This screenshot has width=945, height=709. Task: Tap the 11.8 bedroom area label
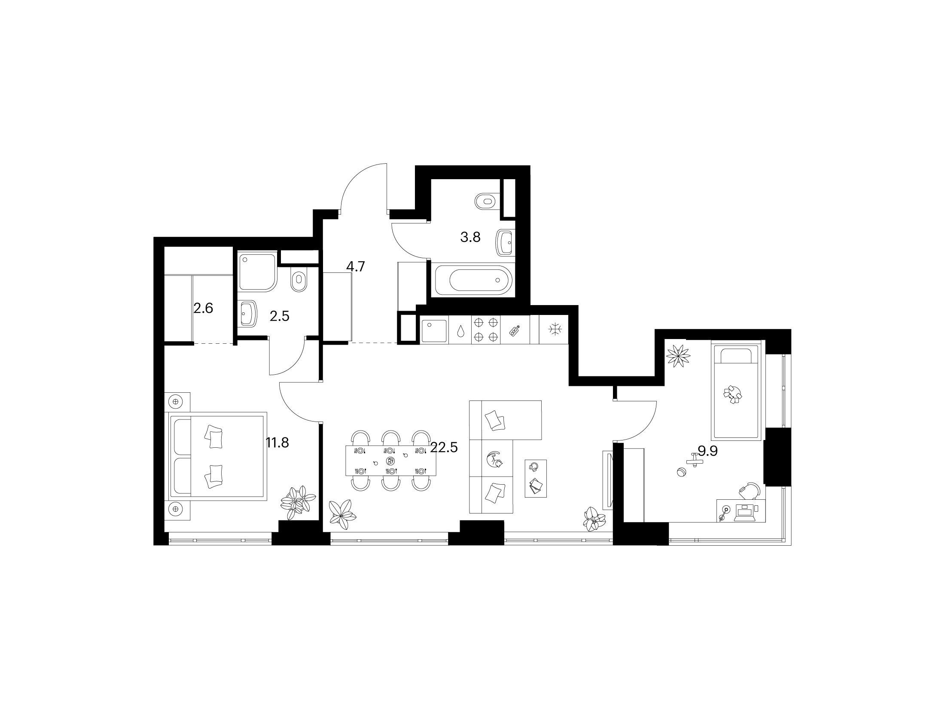coord(277,443)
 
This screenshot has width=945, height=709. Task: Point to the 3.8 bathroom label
coord(470,237)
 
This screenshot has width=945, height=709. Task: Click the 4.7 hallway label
coord(355,267)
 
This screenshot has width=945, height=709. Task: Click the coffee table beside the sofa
coord(536,478)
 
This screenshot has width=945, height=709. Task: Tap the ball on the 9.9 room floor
coord(681,472)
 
